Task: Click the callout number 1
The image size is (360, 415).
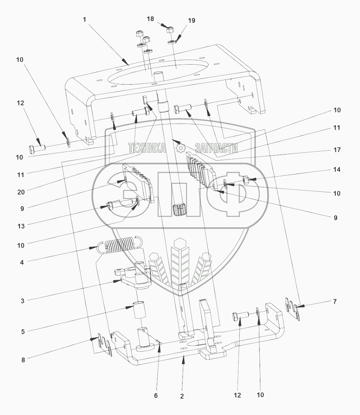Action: coord(84,20)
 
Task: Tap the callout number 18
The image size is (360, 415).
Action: coord(151,19)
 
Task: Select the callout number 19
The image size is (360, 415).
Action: coord(191,21)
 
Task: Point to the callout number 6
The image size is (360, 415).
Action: coord(156,395)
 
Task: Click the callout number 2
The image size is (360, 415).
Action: coord(182,396)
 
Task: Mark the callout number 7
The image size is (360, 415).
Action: coord(334,302)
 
